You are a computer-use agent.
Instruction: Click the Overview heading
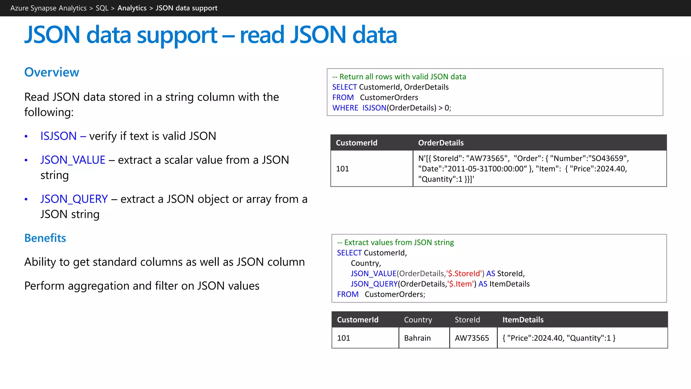pyautogui.click(x=52, y=72)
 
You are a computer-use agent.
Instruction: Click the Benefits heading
pyautogui.click(x=45, y=238)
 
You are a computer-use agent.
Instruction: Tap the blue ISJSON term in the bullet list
pyautogui.click(x=58, y=136)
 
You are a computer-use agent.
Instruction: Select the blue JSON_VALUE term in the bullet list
pyautogui.click(x=73, y=160)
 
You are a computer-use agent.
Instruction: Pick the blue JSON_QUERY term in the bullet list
pyautogui.click(x=74, y=199)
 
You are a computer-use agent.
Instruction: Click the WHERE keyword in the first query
pyautogui.click(x=345, y=108)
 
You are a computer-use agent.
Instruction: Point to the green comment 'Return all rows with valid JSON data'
pyautogui.click(x=399, y=77)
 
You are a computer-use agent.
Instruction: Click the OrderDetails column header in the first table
pyautogui.click(x=441, y=143)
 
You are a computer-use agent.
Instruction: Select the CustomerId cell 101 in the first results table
pyautogui.click(x=342, y=169)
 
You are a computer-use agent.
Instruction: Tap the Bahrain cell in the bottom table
pyautogui.click(x=417, y=338)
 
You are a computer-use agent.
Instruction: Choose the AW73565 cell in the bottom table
pyautogui.click(x=472, y=338)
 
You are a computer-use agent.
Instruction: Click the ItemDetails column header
pyautogui.click(x=523, y=320)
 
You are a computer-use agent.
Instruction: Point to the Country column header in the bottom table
pyautogui.click(x=418, y=320)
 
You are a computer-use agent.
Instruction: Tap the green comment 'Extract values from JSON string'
pyautogui.click(x=395, y=242)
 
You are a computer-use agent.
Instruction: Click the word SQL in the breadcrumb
pyautogui.click(x=102, y=8)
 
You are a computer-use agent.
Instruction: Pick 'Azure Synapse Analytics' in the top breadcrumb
pyautogui.click(x=48, y=8)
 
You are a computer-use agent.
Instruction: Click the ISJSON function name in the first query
pyautogui.click(x=374, y=108)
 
